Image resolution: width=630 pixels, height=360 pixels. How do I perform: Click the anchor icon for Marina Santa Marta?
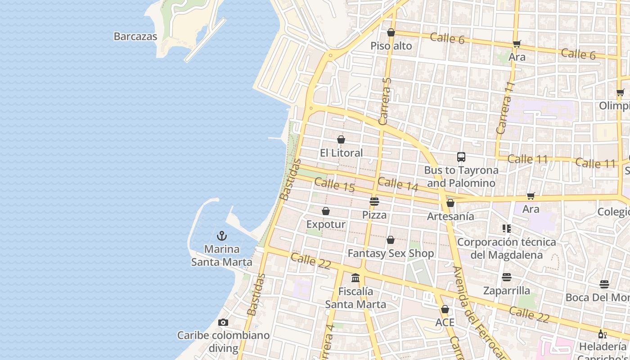click(221, 236)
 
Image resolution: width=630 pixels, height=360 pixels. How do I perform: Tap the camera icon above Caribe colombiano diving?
click(223, 322)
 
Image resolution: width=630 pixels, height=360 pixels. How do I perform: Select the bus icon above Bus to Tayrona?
click(461, 157)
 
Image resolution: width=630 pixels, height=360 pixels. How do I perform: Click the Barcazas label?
click(135, 36)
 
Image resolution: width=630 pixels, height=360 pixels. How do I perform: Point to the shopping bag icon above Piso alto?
click(391, 32)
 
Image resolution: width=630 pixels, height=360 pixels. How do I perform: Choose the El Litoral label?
click(341, 153)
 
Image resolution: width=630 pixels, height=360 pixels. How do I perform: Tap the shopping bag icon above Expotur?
click(326, 211)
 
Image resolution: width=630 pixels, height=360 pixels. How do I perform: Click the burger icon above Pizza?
click(374, 201)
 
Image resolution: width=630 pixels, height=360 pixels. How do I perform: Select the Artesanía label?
click(450, 216)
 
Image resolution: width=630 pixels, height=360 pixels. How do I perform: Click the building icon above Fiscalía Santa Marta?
click(355, 278)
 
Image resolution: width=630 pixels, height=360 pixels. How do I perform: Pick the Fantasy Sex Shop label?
click(391, 253)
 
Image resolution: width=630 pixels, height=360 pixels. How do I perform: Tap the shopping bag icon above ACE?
click(445, 309)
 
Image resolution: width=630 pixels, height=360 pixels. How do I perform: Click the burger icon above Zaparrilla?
click(507, 277)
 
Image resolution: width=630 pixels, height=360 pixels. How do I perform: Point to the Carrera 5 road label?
click(385, 101)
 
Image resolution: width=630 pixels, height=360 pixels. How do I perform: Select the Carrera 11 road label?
click(505, 108)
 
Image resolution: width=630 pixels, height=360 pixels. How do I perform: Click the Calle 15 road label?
click(334, 185)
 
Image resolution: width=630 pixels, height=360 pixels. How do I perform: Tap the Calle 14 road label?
click(398, 184)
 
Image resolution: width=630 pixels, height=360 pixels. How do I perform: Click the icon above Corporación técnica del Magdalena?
click(507, 229)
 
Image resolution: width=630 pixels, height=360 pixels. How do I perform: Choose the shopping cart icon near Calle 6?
click(517, 44)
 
